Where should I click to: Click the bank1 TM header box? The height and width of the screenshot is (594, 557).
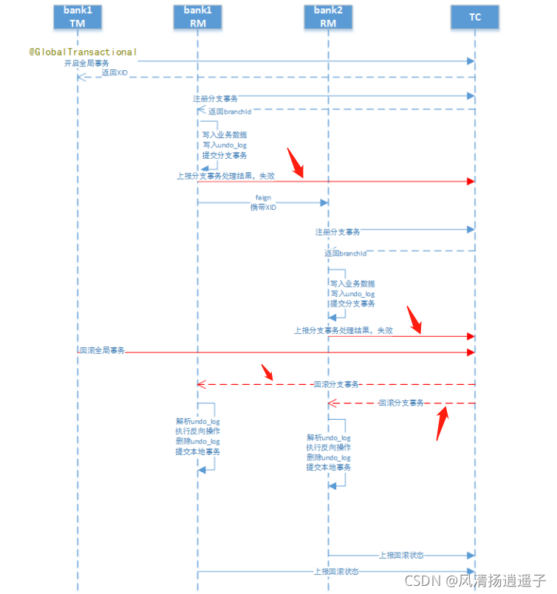(77, 16)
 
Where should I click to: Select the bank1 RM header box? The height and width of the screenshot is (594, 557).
(197, 16)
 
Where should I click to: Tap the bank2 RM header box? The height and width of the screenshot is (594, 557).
(328, 16)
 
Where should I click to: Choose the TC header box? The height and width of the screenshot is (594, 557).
(475, 16)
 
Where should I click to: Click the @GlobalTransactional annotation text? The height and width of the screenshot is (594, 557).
(83, 52)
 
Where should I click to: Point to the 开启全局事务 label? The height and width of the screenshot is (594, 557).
(86, 64)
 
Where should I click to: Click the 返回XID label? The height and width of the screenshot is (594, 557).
(115, 73)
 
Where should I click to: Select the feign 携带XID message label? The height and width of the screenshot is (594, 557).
(264, 203)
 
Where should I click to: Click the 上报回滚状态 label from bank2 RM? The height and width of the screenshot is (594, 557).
(401, 555)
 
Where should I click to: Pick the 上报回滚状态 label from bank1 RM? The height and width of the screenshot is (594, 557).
(336, 571)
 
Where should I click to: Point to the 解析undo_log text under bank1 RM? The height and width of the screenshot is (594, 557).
(197, 421)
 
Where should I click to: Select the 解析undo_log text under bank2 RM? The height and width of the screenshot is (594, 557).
(329, 437)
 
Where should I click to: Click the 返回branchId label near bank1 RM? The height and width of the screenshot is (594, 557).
(229, 112)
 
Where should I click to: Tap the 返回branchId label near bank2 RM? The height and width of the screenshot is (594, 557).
(345, 253)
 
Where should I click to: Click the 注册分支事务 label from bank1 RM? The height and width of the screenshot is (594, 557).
(215, 98)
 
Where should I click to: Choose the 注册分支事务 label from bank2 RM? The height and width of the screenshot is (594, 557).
(338, 232)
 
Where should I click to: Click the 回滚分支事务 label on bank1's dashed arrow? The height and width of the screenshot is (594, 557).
(336, 384)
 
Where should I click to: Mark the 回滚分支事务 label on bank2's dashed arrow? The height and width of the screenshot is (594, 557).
(401, 403)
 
